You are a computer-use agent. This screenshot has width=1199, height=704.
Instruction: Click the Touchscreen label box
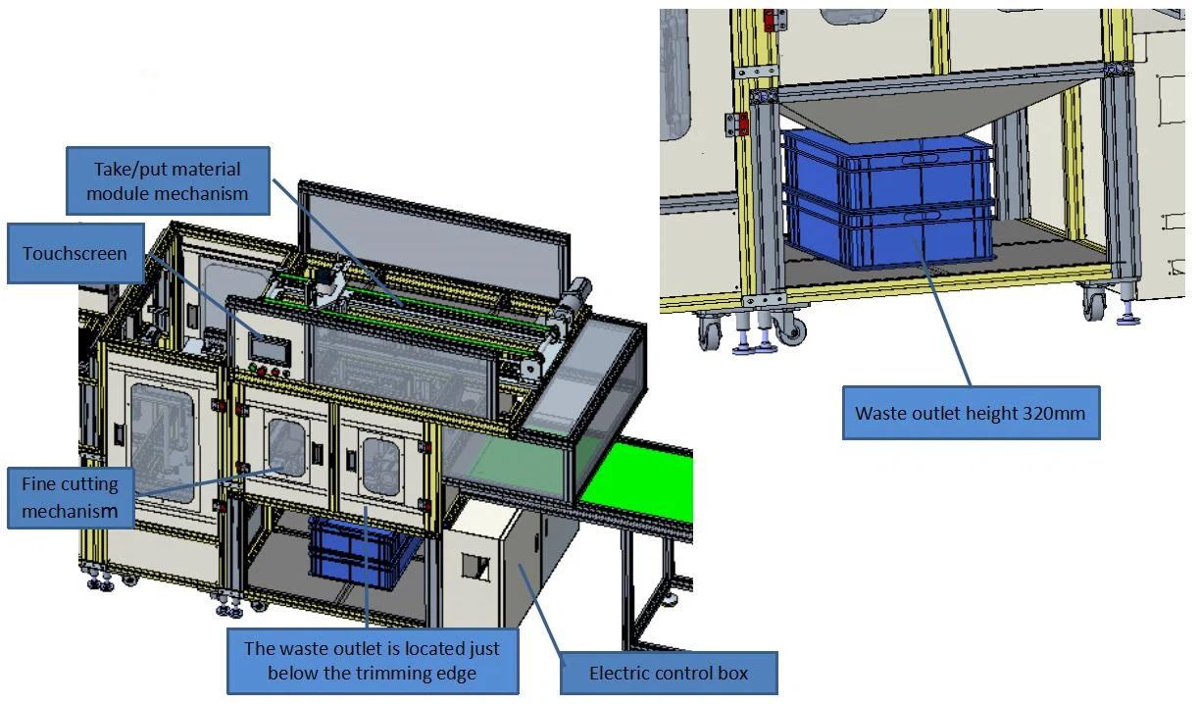[x=75, y=253]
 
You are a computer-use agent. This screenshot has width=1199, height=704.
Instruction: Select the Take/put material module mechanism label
[x=168, y=181]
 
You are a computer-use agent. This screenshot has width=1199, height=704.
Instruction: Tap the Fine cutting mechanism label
[x=71, y=497]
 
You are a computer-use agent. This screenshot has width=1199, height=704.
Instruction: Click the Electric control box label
[x=669, y=673]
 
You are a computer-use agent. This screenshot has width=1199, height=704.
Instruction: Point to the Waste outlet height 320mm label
[x=971, y=413]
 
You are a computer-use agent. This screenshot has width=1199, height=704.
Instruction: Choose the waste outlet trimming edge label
[x=373, y=661]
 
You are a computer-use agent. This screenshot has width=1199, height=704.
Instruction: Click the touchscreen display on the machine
[x=270, y=348]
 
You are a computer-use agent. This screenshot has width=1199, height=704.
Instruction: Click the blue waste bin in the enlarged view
[x=888, y=199]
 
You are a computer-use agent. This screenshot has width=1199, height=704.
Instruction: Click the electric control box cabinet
[x=509, y=562]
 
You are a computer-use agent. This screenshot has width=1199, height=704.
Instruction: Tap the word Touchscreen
[x=75, y=253]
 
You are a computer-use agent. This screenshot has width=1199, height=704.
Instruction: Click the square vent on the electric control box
[x=475, y=567]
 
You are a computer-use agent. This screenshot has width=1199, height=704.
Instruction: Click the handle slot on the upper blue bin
[x=921, y=159]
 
